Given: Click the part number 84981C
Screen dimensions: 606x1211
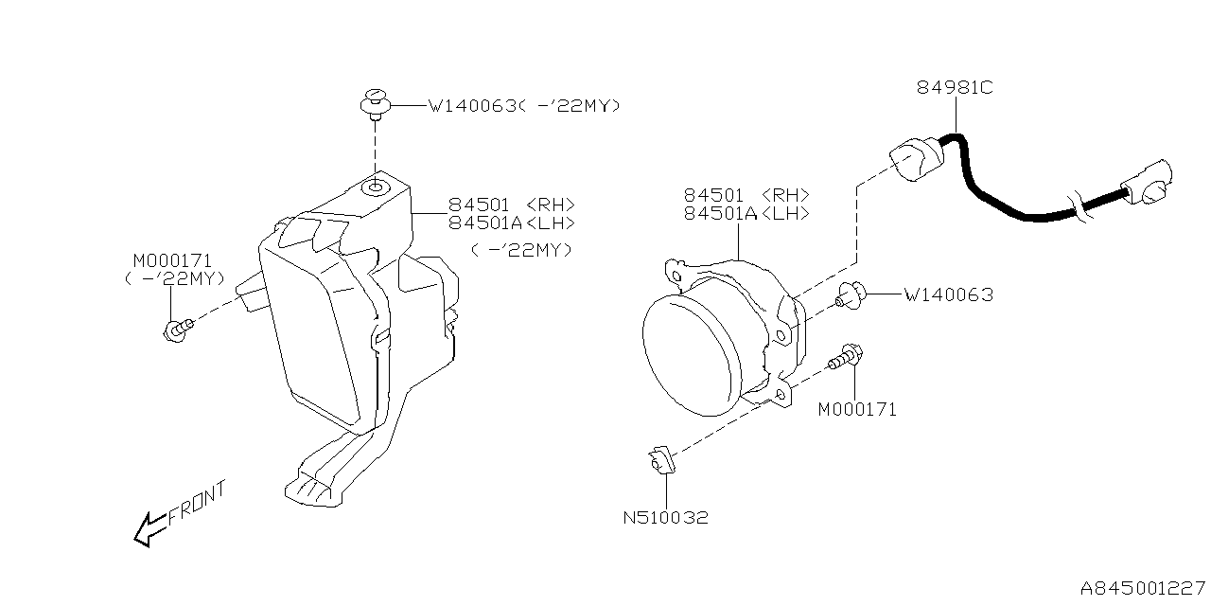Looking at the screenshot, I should click(954, 88).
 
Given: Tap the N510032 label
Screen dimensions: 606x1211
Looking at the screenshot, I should click(665, 518).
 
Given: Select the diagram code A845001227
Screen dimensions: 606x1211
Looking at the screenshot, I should click(1144, 587).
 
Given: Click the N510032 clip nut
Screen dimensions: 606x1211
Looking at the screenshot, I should click(659, 462).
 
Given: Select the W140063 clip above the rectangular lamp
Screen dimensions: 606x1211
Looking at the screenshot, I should click(377, 102).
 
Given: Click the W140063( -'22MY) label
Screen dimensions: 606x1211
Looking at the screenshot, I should click(524, 106).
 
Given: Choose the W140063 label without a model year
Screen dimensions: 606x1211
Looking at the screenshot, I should click(948, 294).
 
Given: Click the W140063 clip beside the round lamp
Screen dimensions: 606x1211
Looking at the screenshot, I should click(851, 297).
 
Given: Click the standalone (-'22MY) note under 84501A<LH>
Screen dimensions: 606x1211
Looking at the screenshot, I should click(521, 250).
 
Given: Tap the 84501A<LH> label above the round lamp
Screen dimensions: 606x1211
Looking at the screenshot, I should click(746, 214).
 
